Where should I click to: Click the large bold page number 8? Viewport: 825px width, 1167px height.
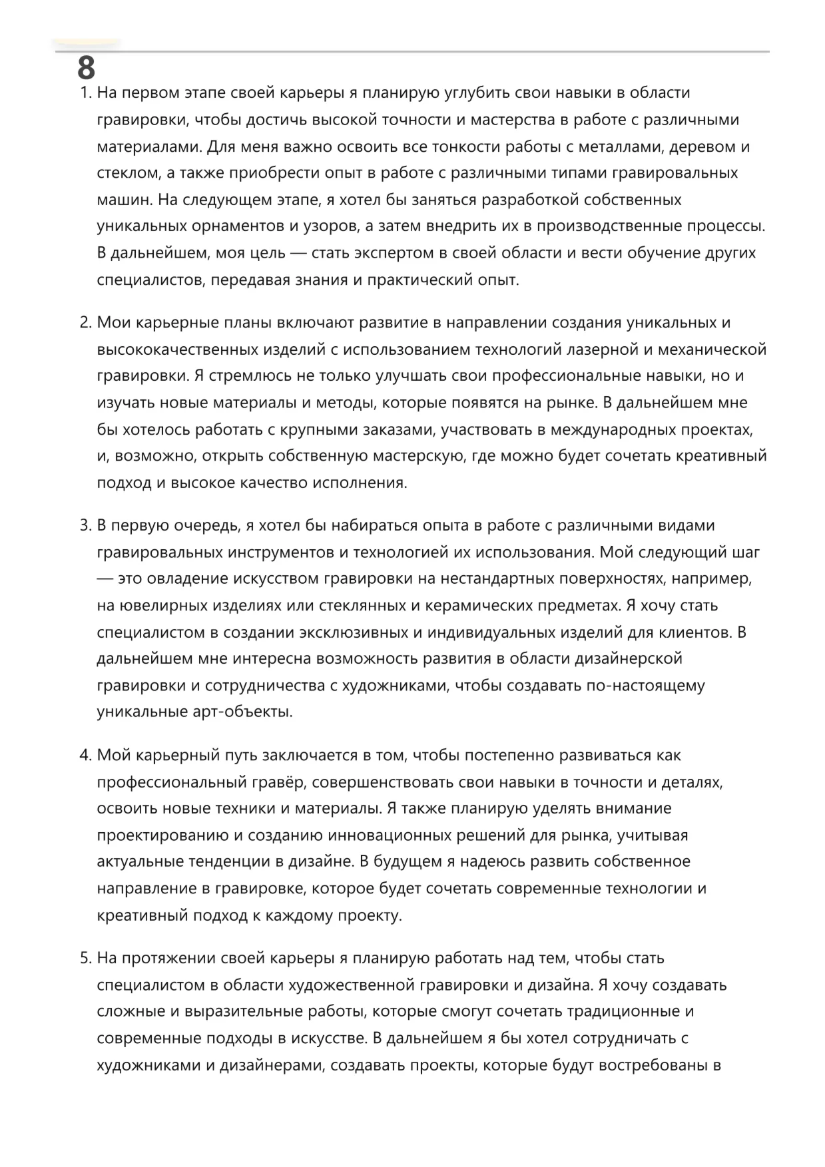point(87,68)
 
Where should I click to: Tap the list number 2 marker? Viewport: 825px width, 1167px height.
point(85,323)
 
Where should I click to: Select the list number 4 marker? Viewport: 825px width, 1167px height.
point(85,756)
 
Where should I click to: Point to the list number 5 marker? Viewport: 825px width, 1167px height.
point(85,959)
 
